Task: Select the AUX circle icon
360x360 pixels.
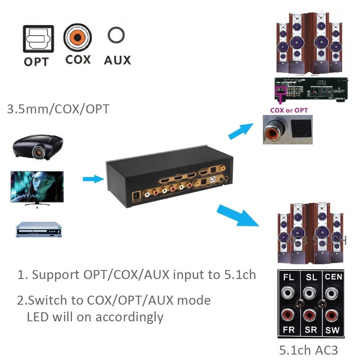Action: point(116,36)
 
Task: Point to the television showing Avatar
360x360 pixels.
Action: point(37,188)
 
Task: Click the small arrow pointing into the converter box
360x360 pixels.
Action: point(93,179)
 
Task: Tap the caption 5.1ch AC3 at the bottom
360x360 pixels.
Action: point(308,350)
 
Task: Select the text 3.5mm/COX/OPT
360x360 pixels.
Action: point(58,109)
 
